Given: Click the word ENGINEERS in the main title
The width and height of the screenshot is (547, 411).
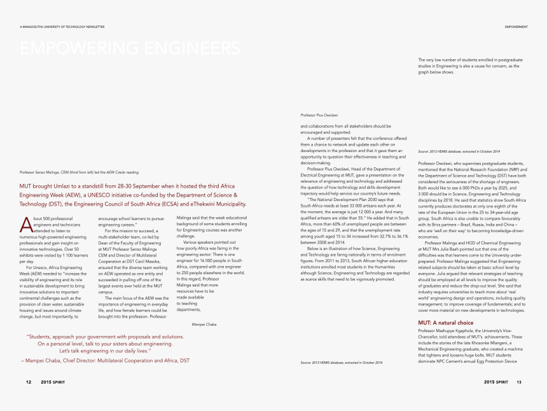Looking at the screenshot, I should (190, 48).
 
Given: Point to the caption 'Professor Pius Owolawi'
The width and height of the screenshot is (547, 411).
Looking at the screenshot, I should (319, 115).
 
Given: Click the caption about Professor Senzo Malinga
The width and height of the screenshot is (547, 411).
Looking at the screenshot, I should (79, 172).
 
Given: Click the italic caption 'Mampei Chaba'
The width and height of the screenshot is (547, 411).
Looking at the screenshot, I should (204, 324).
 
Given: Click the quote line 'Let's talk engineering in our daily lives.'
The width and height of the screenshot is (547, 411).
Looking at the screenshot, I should (105, 351).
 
